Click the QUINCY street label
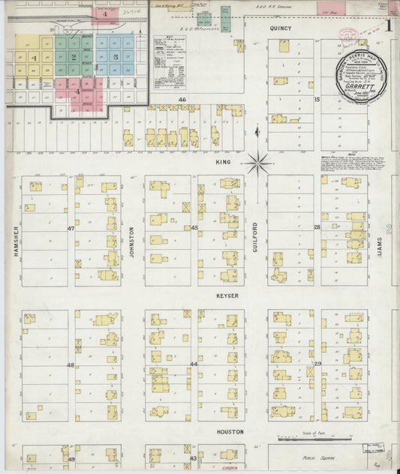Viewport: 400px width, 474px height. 281,28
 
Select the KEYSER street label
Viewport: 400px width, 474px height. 228,295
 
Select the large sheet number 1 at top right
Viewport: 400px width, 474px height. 388,25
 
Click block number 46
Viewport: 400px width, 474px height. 182,99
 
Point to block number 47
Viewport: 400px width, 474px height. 71,227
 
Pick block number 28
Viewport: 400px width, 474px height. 317,226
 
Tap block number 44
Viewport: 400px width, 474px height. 194,364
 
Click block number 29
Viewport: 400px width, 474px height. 317,364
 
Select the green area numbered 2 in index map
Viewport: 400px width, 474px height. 74,56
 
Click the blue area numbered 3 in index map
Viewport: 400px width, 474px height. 116,56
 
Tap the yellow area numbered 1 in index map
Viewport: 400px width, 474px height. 35,56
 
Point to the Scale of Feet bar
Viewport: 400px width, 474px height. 305,441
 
